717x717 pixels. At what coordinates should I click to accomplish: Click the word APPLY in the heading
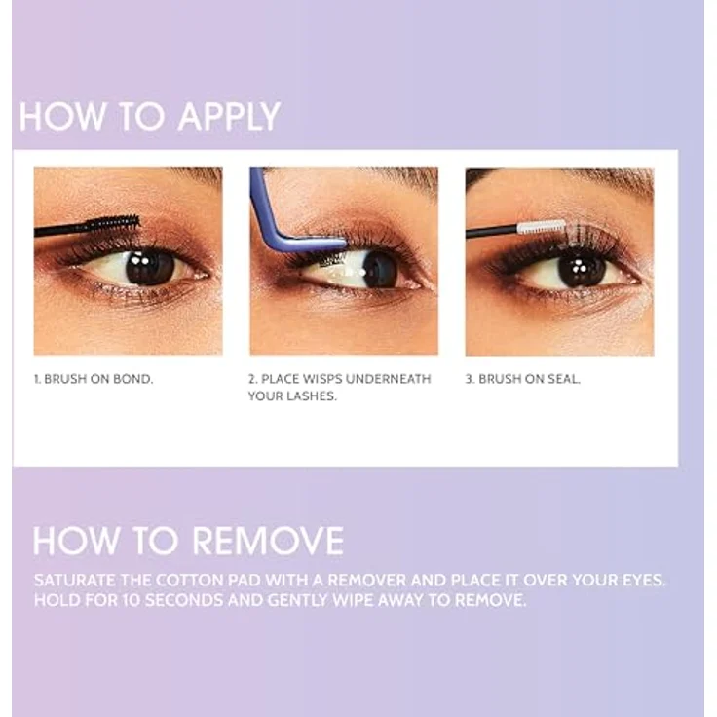coord(229,117)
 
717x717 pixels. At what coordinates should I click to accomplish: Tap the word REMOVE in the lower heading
coord(268,541)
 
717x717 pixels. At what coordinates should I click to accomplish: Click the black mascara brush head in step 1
coord(113,224)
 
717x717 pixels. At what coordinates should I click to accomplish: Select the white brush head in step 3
coord(542,227)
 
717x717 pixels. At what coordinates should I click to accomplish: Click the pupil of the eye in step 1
coord(149,268)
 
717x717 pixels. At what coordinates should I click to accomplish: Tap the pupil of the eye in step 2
coord(381,270)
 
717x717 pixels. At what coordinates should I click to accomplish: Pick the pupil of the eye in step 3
coord(582,269)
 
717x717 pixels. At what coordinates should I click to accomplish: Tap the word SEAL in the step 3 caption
coord(564,379)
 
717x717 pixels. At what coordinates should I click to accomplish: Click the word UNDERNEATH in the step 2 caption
coord(389,379)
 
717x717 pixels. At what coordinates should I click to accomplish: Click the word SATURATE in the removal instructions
coord(75,581)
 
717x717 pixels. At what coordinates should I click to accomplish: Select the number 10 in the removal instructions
coord(132,600)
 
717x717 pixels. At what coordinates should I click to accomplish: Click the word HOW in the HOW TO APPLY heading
coord(62,117)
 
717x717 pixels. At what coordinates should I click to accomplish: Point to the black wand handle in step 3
coord(492,232)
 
